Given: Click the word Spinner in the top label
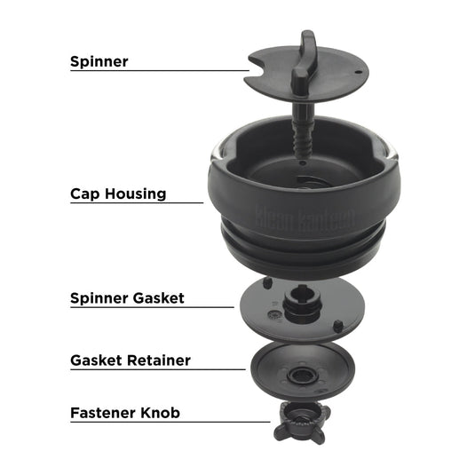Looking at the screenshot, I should pyautogui.click(x=99, y=61).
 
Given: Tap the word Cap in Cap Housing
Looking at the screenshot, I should pyautogui.click(x=86, y=193).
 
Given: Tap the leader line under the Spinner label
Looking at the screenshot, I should pyautogui.click(x=160, y=71).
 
